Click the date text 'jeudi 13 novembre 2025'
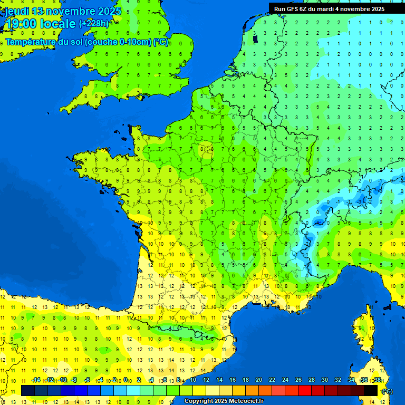[63, 11]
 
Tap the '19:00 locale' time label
[41, 24]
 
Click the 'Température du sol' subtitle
[87, 42]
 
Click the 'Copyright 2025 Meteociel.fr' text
[224, 401]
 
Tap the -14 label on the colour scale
[36, 380]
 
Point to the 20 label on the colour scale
[258, 380]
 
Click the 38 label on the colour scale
[377, 380]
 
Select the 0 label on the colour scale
[126, 380]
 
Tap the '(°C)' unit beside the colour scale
[387, 391]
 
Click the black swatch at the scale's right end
[371, 390]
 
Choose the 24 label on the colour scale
[285, 380]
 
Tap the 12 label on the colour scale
[206, 380]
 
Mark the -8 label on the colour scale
[74, 380]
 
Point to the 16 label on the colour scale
[232, 380]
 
